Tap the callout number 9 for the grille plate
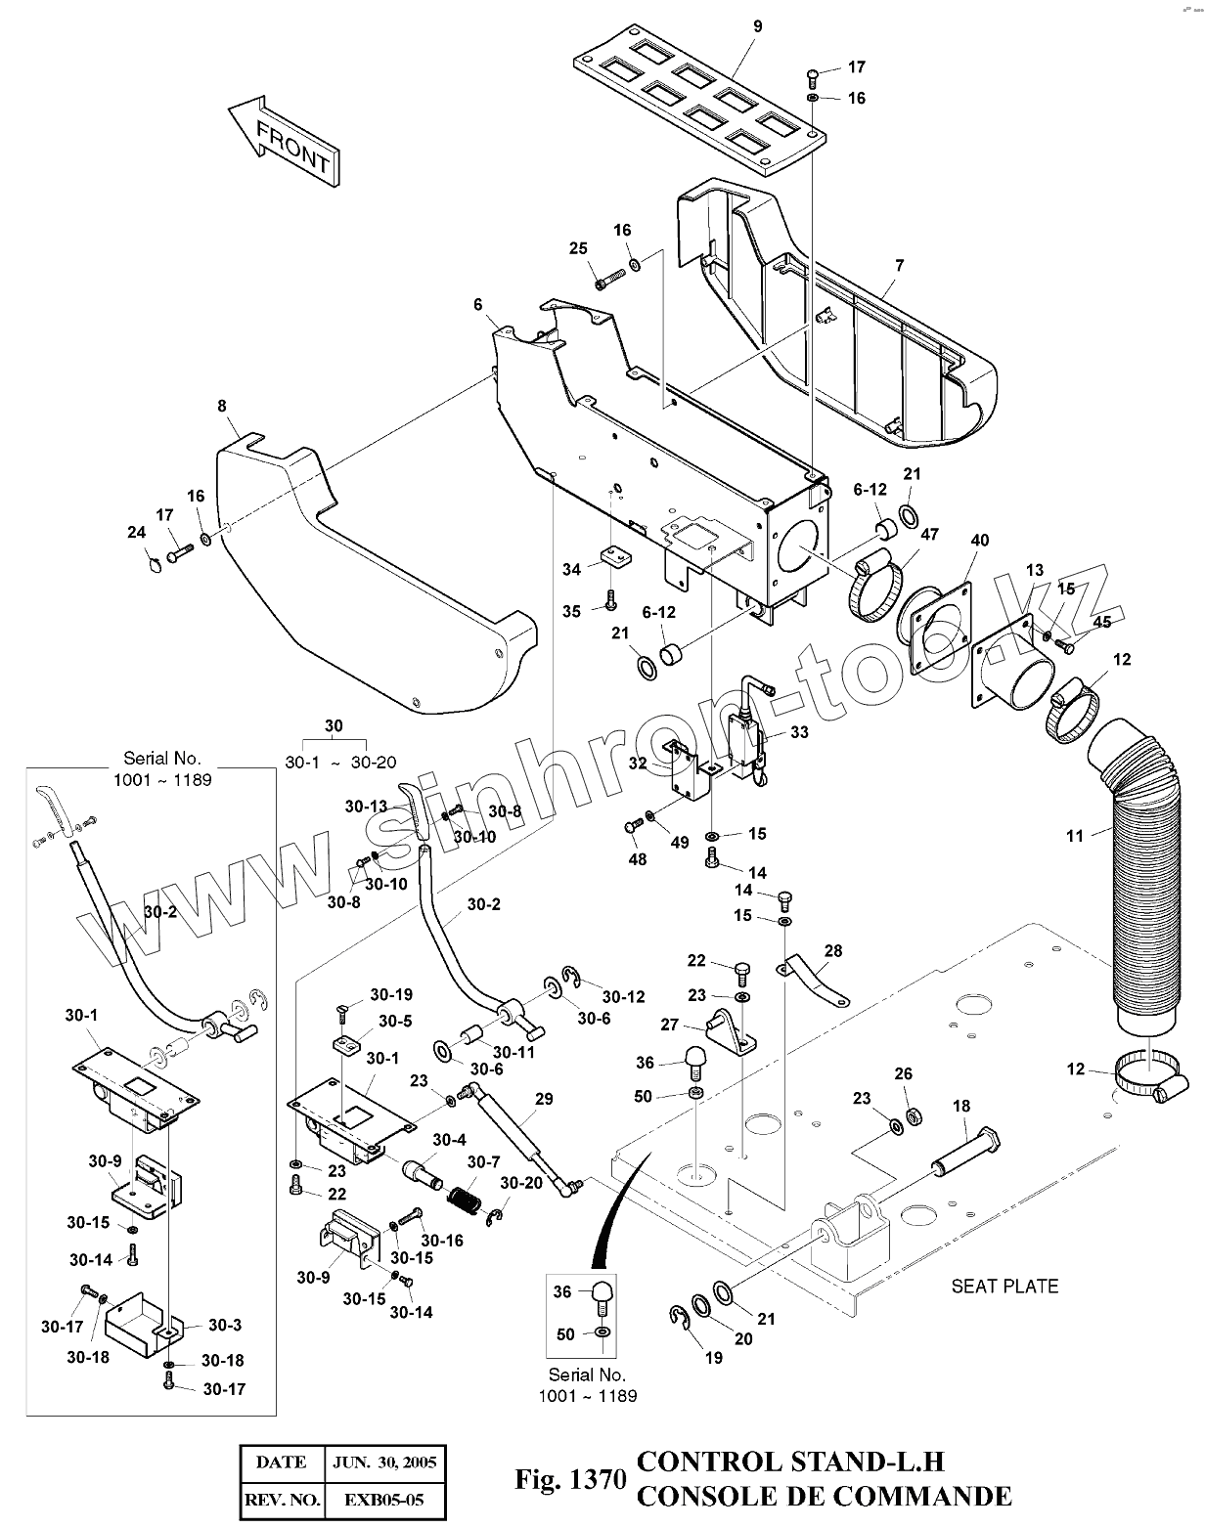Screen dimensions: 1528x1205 [757, 26]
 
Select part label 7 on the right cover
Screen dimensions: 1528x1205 [899, 265]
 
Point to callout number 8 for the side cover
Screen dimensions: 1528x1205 [222, 405]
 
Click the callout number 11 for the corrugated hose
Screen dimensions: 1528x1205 [1075, 835]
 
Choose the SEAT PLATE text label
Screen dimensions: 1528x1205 [1004, 1286]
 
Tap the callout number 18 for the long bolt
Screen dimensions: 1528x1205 [961, 1107]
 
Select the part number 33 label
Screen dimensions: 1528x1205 [799, 732]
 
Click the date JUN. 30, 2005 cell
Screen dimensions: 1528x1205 [383, 1463]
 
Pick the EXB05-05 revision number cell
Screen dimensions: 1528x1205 [383, 1500]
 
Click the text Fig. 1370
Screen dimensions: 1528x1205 [569, 1480]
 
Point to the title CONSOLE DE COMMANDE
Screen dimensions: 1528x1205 [824, 1496]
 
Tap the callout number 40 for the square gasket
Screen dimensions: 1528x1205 [979, 541]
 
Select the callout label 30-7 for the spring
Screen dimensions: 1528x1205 [483, 1161]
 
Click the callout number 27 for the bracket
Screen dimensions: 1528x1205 [669, 1025]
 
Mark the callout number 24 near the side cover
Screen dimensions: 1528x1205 [136, 532]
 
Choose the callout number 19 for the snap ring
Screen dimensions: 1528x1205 [713, 1357]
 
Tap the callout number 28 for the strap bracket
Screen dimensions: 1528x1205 [832, 950]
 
